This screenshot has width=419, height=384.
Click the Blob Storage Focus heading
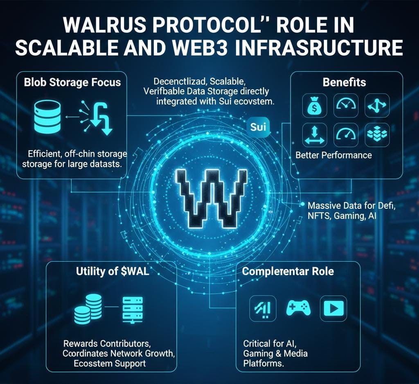coord(72,82)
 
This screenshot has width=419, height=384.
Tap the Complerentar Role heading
coord(288,271)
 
